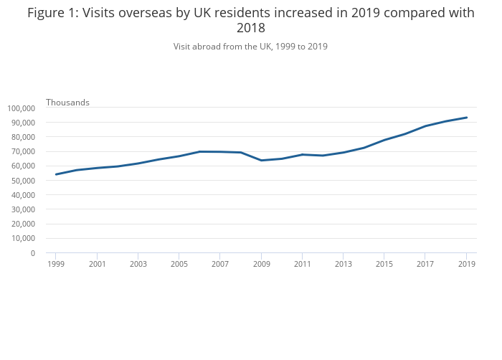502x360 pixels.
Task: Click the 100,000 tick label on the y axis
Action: [x=21, y=108]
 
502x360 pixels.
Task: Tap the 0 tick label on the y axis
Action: [x=32, y=253]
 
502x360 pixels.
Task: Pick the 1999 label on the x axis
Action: [x=56, y=264]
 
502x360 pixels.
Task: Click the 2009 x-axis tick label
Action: [x=261, y=264]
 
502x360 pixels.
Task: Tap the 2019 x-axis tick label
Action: [x=467, y=264]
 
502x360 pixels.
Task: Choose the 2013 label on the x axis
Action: [x=344, y=264]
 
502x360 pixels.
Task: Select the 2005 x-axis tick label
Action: [x=179, y=264]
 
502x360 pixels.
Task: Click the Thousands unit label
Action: [x=67, y=103]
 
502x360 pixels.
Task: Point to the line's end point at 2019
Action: [x=467, y=118]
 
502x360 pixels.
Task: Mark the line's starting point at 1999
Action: [x=56, y=174]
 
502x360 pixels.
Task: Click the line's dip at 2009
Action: [x=261, y=160]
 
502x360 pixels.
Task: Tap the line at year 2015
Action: [x=384, y=140]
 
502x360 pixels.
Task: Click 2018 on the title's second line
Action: [x=251, y=29]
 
